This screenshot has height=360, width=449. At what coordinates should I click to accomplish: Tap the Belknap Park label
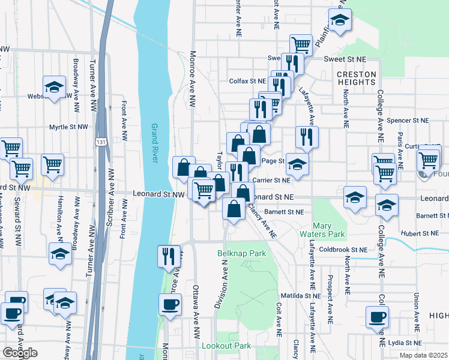tap(241, 254)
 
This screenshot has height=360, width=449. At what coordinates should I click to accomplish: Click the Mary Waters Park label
tap(330, 230)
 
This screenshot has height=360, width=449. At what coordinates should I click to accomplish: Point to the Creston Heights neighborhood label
tap(356, 79)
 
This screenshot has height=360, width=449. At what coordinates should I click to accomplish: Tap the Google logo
tap(20, 353)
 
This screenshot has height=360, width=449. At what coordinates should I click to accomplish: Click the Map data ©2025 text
tap(424, 355)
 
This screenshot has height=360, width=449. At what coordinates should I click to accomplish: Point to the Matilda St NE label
tap(303, 296)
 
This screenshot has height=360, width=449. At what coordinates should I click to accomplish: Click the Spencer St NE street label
tap(408, 120)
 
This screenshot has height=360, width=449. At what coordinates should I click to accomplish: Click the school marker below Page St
tap(297, 164)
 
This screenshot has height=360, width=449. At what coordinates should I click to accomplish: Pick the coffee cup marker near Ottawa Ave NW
tap(170, 304)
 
